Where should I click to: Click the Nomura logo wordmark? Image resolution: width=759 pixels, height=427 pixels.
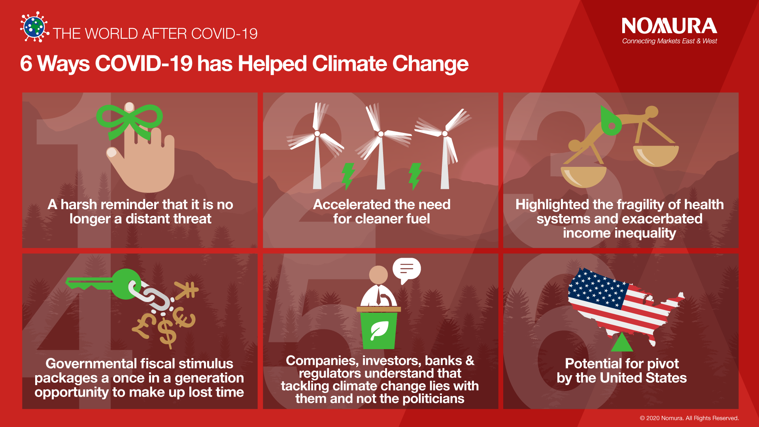[669, 26]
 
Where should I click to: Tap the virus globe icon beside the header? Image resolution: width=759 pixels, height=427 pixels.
[34, 27]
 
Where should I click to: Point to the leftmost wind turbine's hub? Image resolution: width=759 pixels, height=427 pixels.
[317, 134]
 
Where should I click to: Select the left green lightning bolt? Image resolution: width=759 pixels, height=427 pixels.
[348, 176]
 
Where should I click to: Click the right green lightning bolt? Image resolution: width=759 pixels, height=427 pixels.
[415, 176]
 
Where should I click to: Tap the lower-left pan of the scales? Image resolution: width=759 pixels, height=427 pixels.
[583, 176]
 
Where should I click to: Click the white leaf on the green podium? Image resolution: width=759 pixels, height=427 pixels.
[379, 331]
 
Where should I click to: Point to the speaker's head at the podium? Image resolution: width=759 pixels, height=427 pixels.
[378, 274]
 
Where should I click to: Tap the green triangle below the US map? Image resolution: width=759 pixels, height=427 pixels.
[622, 342]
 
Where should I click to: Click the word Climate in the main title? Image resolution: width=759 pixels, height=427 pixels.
[349, 63]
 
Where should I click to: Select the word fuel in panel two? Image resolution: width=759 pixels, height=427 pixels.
[415, 219]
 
